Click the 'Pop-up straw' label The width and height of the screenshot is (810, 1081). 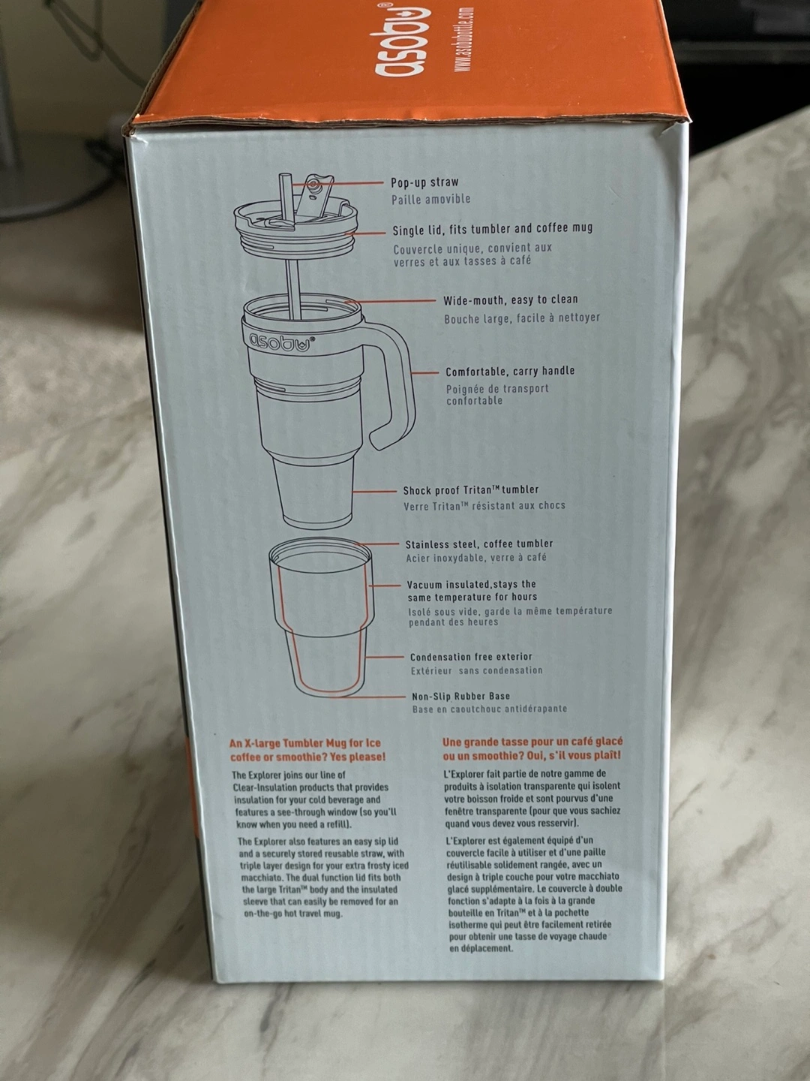[x=425, y=182]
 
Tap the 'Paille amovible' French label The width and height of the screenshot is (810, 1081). [x=430, y=199]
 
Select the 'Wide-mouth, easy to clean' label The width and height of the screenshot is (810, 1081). [x=511, y=300]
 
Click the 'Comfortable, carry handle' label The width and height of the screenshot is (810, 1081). [x=510, y=371]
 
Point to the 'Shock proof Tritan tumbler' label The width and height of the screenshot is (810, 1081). [x=471, y=490]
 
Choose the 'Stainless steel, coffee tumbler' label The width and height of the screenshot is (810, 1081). [x=479, y=544]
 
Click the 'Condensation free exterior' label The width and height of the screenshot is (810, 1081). [x=471, y=657]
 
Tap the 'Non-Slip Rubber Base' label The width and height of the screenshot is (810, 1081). [x=460, y=696]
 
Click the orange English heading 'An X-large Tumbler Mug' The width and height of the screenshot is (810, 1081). [x=307, y=749]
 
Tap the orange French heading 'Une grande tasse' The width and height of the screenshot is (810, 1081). [x=532, y=748]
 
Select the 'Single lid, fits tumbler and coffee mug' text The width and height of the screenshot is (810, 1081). [x=492, y=229]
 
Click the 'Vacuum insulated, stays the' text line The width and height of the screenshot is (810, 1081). [x=471, y=585]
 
